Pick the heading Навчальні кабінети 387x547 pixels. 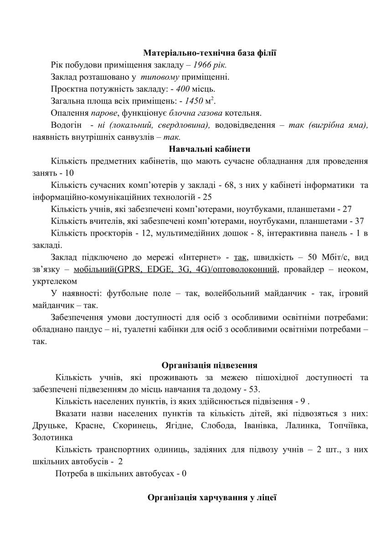click(x=209, y=149)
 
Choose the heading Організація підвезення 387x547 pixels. click(x=209, y=365)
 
